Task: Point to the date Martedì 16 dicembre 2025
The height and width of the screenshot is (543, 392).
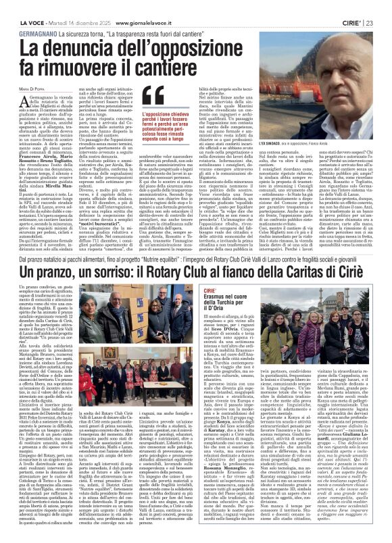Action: (x=76, y=7)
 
